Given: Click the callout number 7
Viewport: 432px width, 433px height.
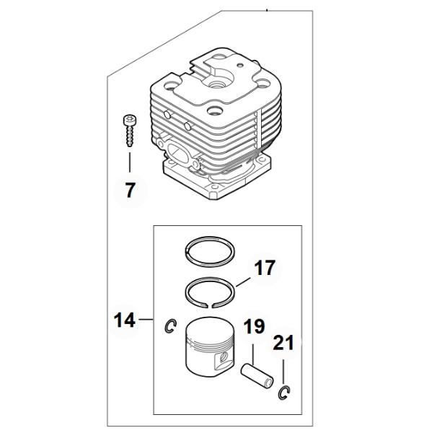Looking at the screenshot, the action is (131, 191).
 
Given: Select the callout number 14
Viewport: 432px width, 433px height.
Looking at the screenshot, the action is (125, 320).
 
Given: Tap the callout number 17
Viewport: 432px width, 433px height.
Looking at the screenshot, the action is (265, 268).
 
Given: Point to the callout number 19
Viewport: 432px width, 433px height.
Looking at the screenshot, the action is (254, 326).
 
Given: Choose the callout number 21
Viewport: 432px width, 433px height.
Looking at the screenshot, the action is (283, 343).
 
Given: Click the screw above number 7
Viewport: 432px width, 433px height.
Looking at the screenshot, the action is (129, 131).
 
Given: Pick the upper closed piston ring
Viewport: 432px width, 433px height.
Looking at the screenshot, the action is (210, 252).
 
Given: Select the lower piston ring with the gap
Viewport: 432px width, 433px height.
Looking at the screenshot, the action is (210, 292).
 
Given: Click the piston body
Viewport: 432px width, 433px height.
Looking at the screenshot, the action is (211, 346).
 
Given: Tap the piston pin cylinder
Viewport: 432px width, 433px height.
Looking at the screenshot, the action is (257, 377).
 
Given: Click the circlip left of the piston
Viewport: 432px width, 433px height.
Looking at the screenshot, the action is (171, 326).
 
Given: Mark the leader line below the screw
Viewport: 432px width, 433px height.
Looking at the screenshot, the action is (130, 162).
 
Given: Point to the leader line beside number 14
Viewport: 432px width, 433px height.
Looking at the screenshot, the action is (146, 320).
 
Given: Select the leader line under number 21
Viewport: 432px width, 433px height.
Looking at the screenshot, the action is (283, 372).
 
